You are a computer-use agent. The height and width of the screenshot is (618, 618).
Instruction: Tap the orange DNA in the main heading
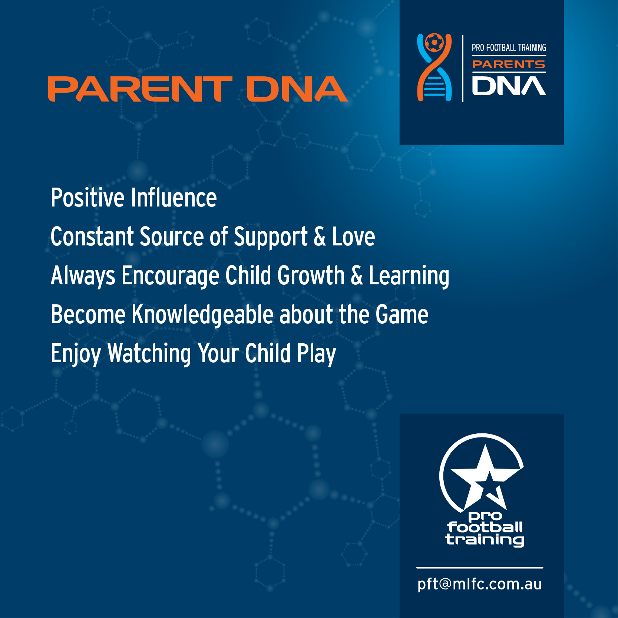click(297, 89)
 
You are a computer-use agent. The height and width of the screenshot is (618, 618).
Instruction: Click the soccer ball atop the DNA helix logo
click(434, 43)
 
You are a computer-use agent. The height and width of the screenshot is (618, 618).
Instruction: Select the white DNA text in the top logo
click(509, 86)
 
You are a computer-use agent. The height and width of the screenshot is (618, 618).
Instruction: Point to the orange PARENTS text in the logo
click(509, 64)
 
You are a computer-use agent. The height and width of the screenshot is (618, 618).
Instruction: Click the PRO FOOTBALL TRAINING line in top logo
click(509, 48)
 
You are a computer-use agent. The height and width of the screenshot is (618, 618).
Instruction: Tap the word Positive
click(87, 198)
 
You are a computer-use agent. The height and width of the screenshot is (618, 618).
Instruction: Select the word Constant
click(92, 237)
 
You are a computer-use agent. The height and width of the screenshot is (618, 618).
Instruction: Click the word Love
click(353, 237)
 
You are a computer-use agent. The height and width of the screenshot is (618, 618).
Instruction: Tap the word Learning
click(409, 277)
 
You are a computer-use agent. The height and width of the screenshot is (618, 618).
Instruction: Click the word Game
click(402, 314)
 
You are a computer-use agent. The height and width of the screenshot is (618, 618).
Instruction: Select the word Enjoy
click(76, 354)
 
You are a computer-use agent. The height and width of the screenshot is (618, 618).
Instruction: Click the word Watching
click(149, 354)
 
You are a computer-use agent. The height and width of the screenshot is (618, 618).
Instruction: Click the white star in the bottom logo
click(482, 476)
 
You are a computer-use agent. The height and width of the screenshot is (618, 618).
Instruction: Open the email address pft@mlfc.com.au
click(480, 584)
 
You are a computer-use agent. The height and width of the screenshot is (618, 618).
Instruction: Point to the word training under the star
click(485, 540)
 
